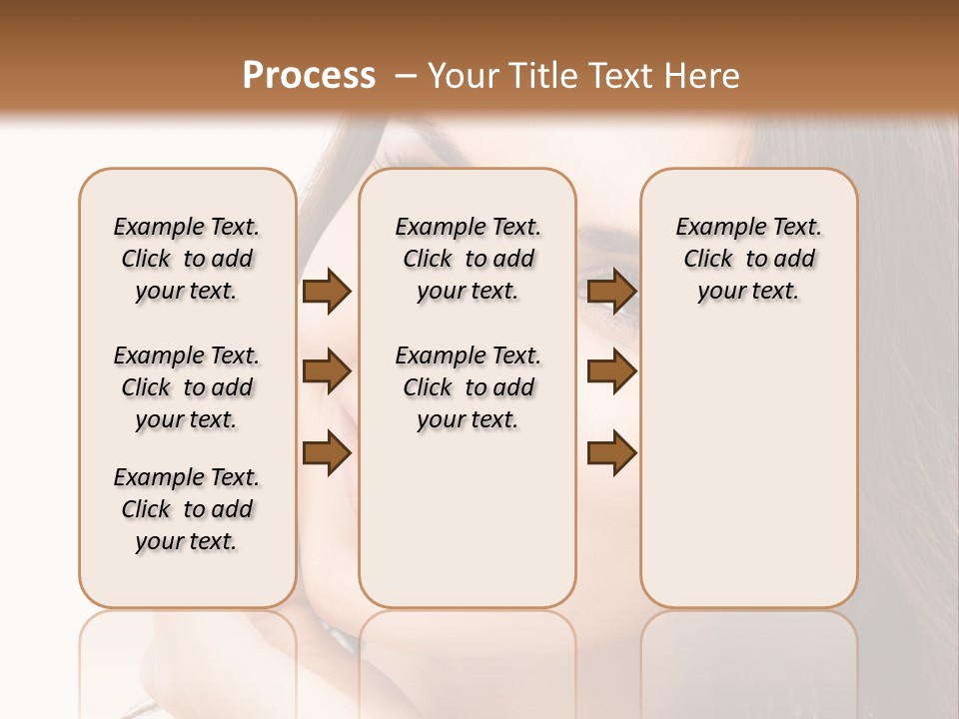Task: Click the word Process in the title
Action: tap(309, 76)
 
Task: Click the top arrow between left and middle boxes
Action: tap(327, 292)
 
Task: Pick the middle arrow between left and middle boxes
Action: tap(327, 372)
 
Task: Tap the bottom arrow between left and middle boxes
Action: tap(327, 453)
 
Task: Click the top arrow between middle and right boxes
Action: tap(612, 292)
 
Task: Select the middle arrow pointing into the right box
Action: tap(612, 372)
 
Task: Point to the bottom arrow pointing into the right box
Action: tap(612, 453)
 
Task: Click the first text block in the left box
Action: tap(187, 259)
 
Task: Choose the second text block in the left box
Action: tap(187, 387)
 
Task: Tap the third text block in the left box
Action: tap(187, 509)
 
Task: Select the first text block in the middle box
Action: tap(469, 259)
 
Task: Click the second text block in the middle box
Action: tap(469, 387)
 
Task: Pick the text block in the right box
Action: tap(749, 259)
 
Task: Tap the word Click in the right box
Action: tap(708, 260)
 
